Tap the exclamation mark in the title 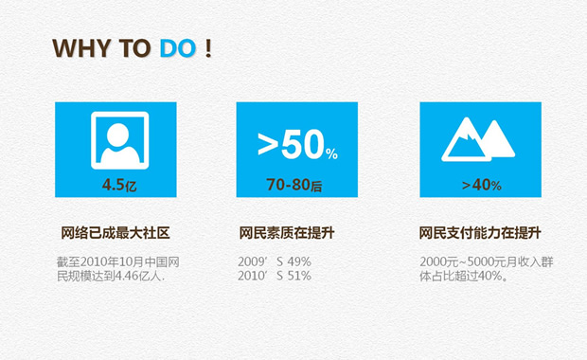[x=207, y=48]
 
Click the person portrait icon [x=119, y=141]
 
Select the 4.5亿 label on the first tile [x=119, y=185]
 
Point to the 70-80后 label [x=293, y=185]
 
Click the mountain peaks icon [x=478, y=140]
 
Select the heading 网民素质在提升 [x=293, y=232]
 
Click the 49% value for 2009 [x=298, y=261]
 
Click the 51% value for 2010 [x=298, y=276]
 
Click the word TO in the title [x=134, y=48]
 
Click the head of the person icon [x=119, y=132]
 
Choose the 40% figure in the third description [x=492, y=277]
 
